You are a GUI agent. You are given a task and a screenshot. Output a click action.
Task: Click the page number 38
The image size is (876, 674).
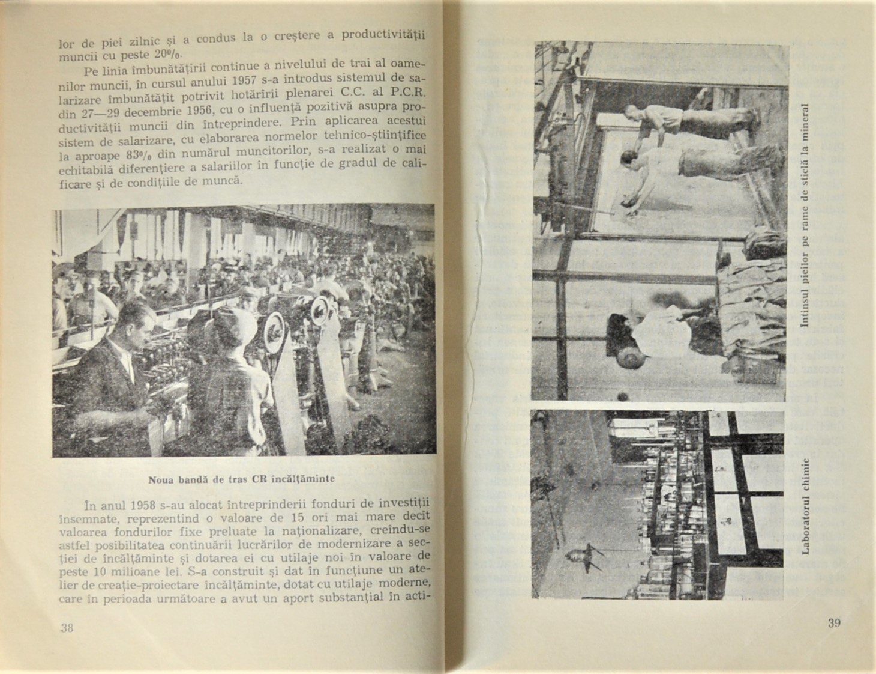(67, 628)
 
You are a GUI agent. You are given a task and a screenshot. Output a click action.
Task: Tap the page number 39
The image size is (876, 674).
(834, 622)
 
